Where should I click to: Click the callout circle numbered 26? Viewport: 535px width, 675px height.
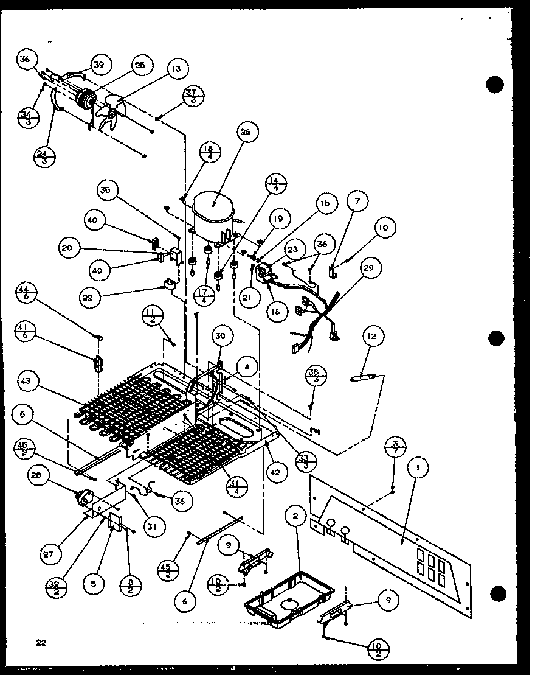click(249, 131)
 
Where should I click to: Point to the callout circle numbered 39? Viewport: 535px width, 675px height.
click(98, 66)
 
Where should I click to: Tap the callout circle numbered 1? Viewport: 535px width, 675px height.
click(418, 468)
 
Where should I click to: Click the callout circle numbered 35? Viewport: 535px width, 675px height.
click(106, 191)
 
